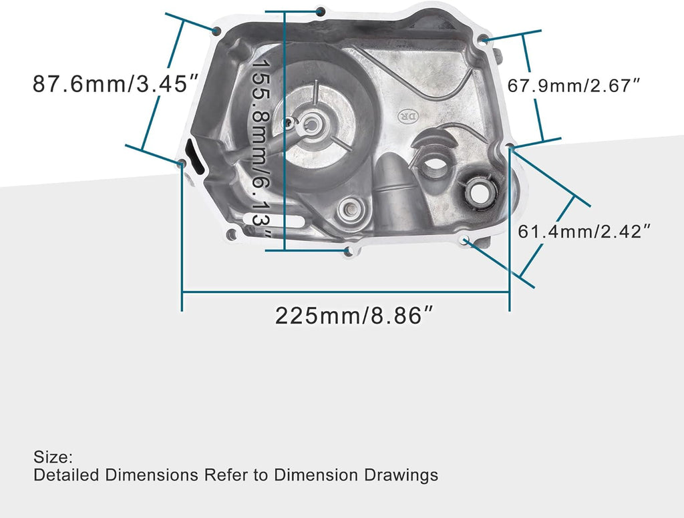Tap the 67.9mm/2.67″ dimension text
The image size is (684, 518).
574,85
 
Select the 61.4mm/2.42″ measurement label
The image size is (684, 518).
584,232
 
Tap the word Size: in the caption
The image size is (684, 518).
53,458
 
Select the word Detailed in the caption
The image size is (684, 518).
63,475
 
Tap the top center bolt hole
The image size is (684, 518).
321,11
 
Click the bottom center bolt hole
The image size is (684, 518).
347,250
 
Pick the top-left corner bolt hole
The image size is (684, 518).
216,31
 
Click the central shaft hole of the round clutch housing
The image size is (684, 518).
311,124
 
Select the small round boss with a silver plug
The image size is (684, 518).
349,212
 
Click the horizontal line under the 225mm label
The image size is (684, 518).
345,292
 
